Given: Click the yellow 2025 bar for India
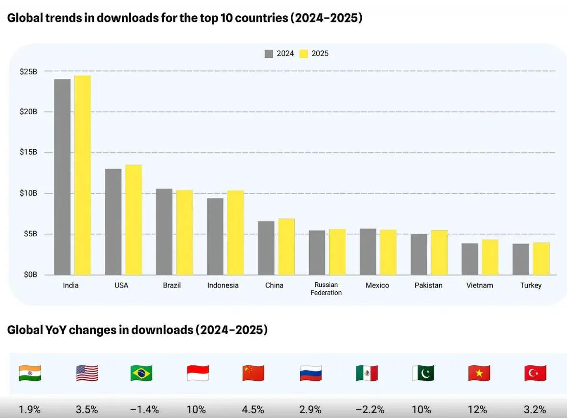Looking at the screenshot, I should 82,175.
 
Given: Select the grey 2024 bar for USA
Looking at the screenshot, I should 113,221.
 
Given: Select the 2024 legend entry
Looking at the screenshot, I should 279,54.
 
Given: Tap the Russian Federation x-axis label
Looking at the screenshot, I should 326,289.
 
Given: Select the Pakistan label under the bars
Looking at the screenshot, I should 428,286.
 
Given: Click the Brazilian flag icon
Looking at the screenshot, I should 141,373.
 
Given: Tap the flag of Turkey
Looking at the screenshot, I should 535,373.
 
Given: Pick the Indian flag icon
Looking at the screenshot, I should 30,373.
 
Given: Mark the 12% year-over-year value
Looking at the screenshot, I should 477,410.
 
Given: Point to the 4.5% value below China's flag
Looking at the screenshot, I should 253,410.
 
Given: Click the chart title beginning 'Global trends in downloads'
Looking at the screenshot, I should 184,19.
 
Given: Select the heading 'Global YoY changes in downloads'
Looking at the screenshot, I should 137,330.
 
